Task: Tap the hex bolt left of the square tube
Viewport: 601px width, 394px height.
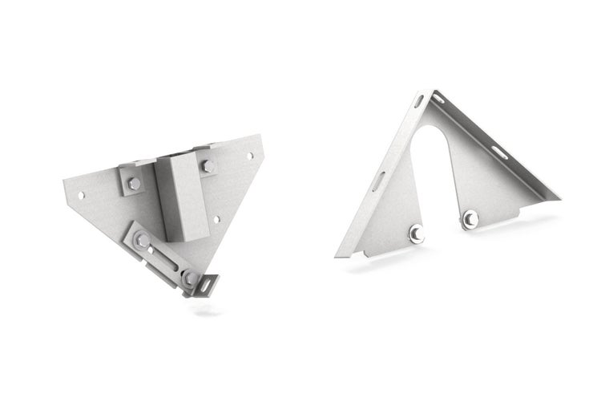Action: [x=134, y=183]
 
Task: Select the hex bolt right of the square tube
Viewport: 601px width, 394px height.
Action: [x=208, y=167]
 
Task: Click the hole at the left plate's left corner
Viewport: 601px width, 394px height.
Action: [x=81, y=193]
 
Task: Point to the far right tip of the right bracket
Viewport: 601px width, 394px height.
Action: [x=559, y=197]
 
